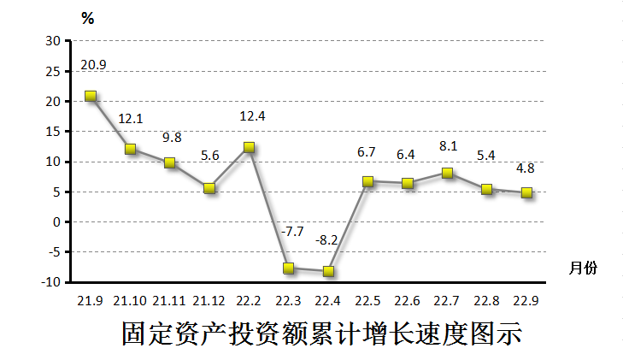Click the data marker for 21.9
(x=91, y=97)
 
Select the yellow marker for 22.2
(x=249, y=147)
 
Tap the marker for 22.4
(x=328, y=271)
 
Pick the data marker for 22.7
(x=447, y=173)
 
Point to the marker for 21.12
(x=209, y=188)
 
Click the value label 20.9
(x=93, y=65)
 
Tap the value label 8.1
(x=446, y=146)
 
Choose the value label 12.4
(x=250, y=115)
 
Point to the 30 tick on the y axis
(x=53, y=41)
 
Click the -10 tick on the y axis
(x=50, y=282)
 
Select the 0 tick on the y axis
(x=57, y=222)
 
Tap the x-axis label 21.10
(x=130, y=300)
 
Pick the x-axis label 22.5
(x=367, y=300)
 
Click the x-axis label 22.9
(x=526, y=300)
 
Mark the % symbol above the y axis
(x=88, y=19)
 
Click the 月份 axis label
(x=583, y=268)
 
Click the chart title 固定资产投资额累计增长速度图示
(x=320, y=333)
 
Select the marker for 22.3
(x=289, y=268)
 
